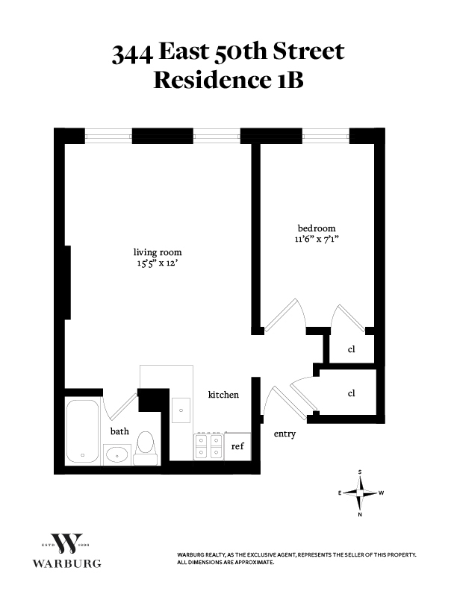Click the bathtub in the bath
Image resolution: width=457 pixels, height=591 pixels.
point(82,431)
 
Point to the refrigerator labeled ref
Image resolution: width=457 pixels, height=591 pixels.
point(237,446)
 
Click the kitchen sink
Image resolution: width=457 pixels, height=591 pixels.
point(181,410)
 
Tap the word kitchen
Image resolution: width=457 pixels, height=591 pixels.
point(223,394)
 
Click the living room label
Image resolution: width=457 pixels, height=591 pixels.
point(157,251)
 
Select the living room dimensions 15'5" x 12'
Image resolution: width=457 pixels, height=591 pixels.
point(157,263)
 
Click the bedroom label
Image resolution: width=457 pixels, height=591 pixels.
point(317,228)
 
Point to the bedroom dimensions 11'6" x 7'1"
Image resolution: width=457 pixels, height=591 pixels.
point(317,240)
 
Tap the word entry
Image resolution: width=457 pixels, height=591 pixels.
point(285,434)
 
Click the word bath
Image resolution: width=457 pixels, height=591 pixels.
point(119,431)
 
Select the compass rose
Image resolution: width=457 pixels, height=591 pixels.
point(361,492)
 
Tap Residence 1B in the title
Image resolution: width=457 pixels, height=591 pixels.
point(228,80)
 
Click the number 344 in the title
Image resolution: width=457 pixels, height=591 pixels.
point(133,53)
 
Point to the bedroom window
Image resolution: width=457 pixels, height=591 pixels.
point(326,136)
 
